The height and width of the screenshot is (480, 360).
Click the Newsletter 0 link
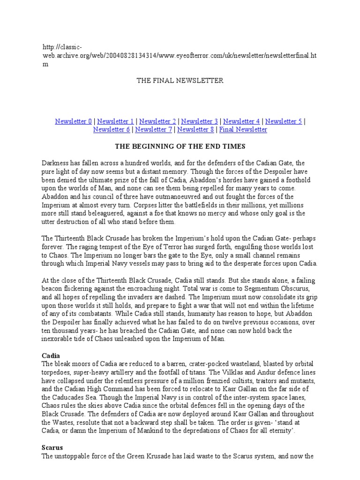point(74,121)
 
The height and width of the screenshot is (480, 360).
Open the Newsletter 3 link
point(200,121)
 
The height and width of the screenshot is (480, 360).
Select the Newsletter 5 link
point(284,121)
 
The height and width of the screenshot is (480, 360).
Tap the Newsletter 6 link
point(112,129)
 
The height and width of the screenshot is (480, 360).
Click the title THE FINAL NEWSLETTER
point(180,81)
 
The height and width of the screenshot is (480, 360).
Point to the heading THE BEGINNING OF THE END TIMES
point(180,146)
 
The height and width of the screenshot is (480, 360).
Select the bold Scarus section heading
point(52,448)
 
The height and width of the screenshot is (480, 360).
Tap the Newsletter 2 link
point(157,121)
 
